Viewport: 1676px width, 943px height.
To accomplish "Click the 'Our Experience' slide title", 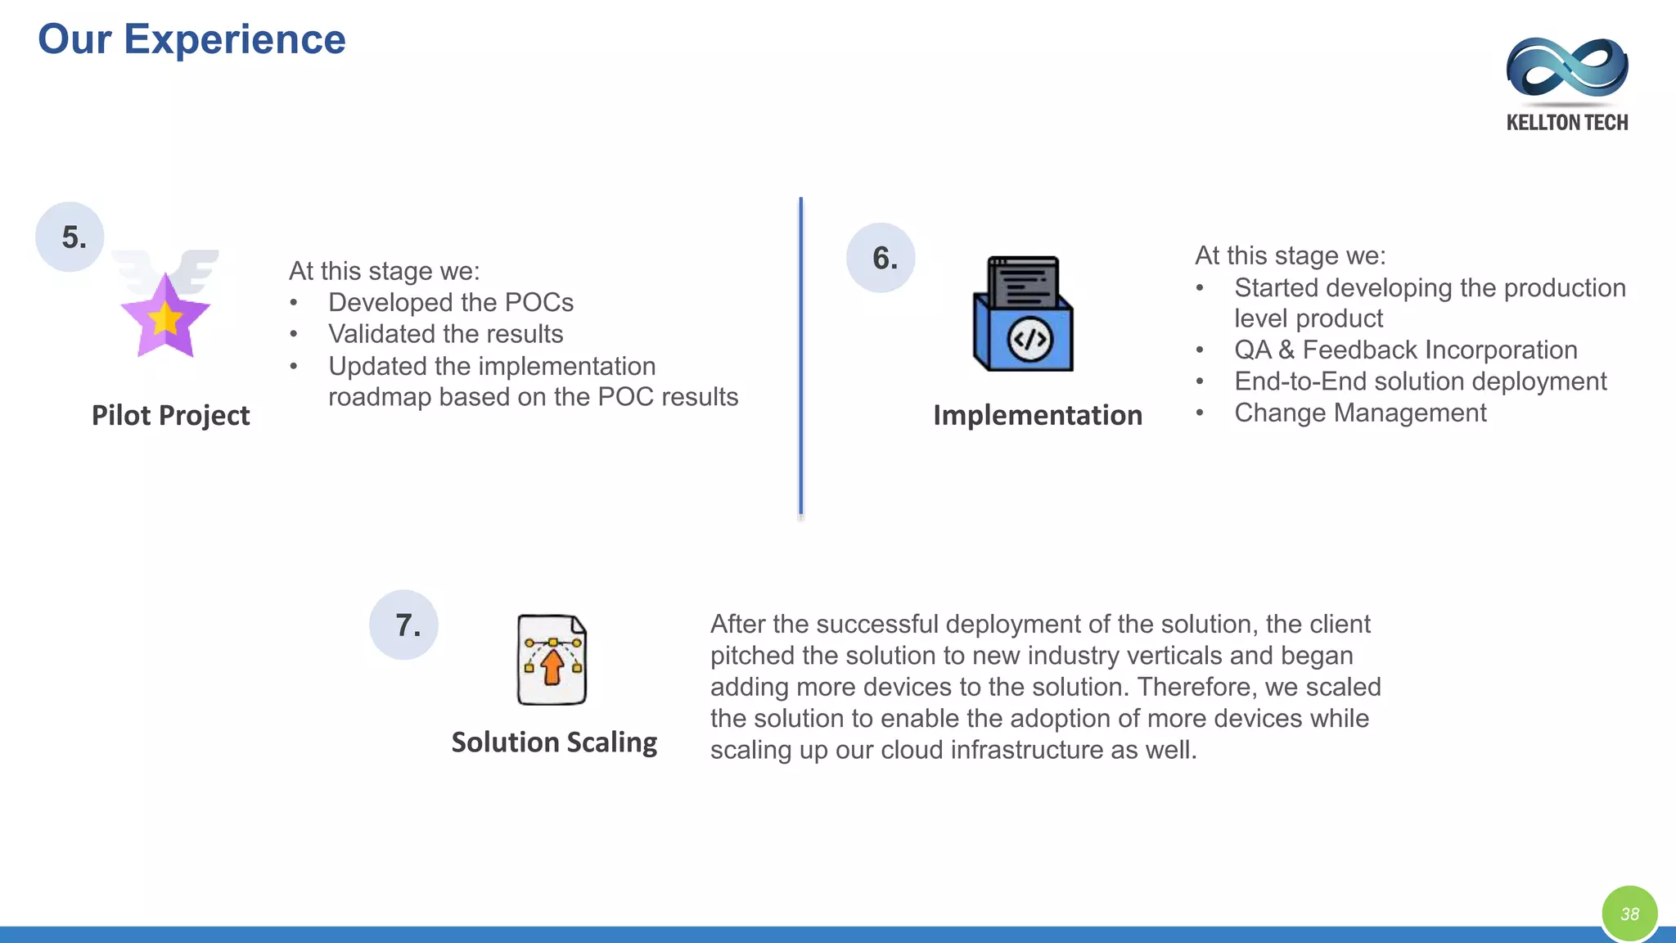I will tap(191, 39).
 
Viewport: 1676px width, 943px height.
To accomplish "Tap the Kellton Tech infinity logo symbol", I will tap(1566, 67).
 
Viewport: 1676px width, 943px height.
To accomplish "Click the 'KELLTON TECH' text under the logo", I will tap(1566, 123).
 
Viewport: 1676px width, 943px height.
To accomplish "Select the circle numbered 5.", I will tap(70, 237).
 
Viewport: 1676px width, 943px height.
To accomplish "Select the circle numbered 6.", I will tap(881, 258).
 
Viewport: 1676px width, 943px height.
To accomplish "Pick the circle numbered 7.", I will tap(404, 625).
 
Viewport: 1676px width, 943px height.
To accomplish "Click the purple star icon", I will tap(165, 315).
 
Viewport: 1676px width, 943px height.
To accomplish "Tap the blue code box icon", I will tap(1023, 314).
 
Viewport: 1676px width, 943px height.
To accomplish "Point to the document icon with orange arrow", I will tap(552, 660).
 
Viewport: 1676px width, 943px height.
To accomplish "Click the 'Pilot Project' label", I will tap(170, 415).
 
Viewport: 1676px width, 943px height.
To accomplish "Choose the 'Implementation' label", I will tap(1038, 415).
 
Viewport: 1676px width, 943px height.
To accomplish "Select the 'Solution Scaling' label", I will tap(554, 742).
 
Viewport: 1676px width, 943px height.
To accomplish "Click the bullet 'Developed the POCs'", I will tap(450, 302).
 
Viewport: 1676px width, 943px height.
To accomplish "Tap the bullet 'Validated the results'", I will tap(445, 334).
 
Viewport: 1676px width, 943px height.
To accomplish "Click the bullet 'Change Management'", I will tap(1360, 413).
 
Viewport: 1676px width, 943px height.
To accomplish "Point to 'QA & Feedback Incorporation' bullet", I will tap(1405, 350).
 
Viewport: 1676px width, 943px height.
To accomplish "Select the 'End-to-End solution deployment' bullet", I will tap(1420, 381).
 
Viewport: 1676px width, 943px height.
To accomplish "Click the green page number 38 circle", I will tap(1629, 914).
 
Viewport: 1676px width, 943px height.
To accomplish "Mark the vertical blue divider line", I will tap(800, 356).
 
